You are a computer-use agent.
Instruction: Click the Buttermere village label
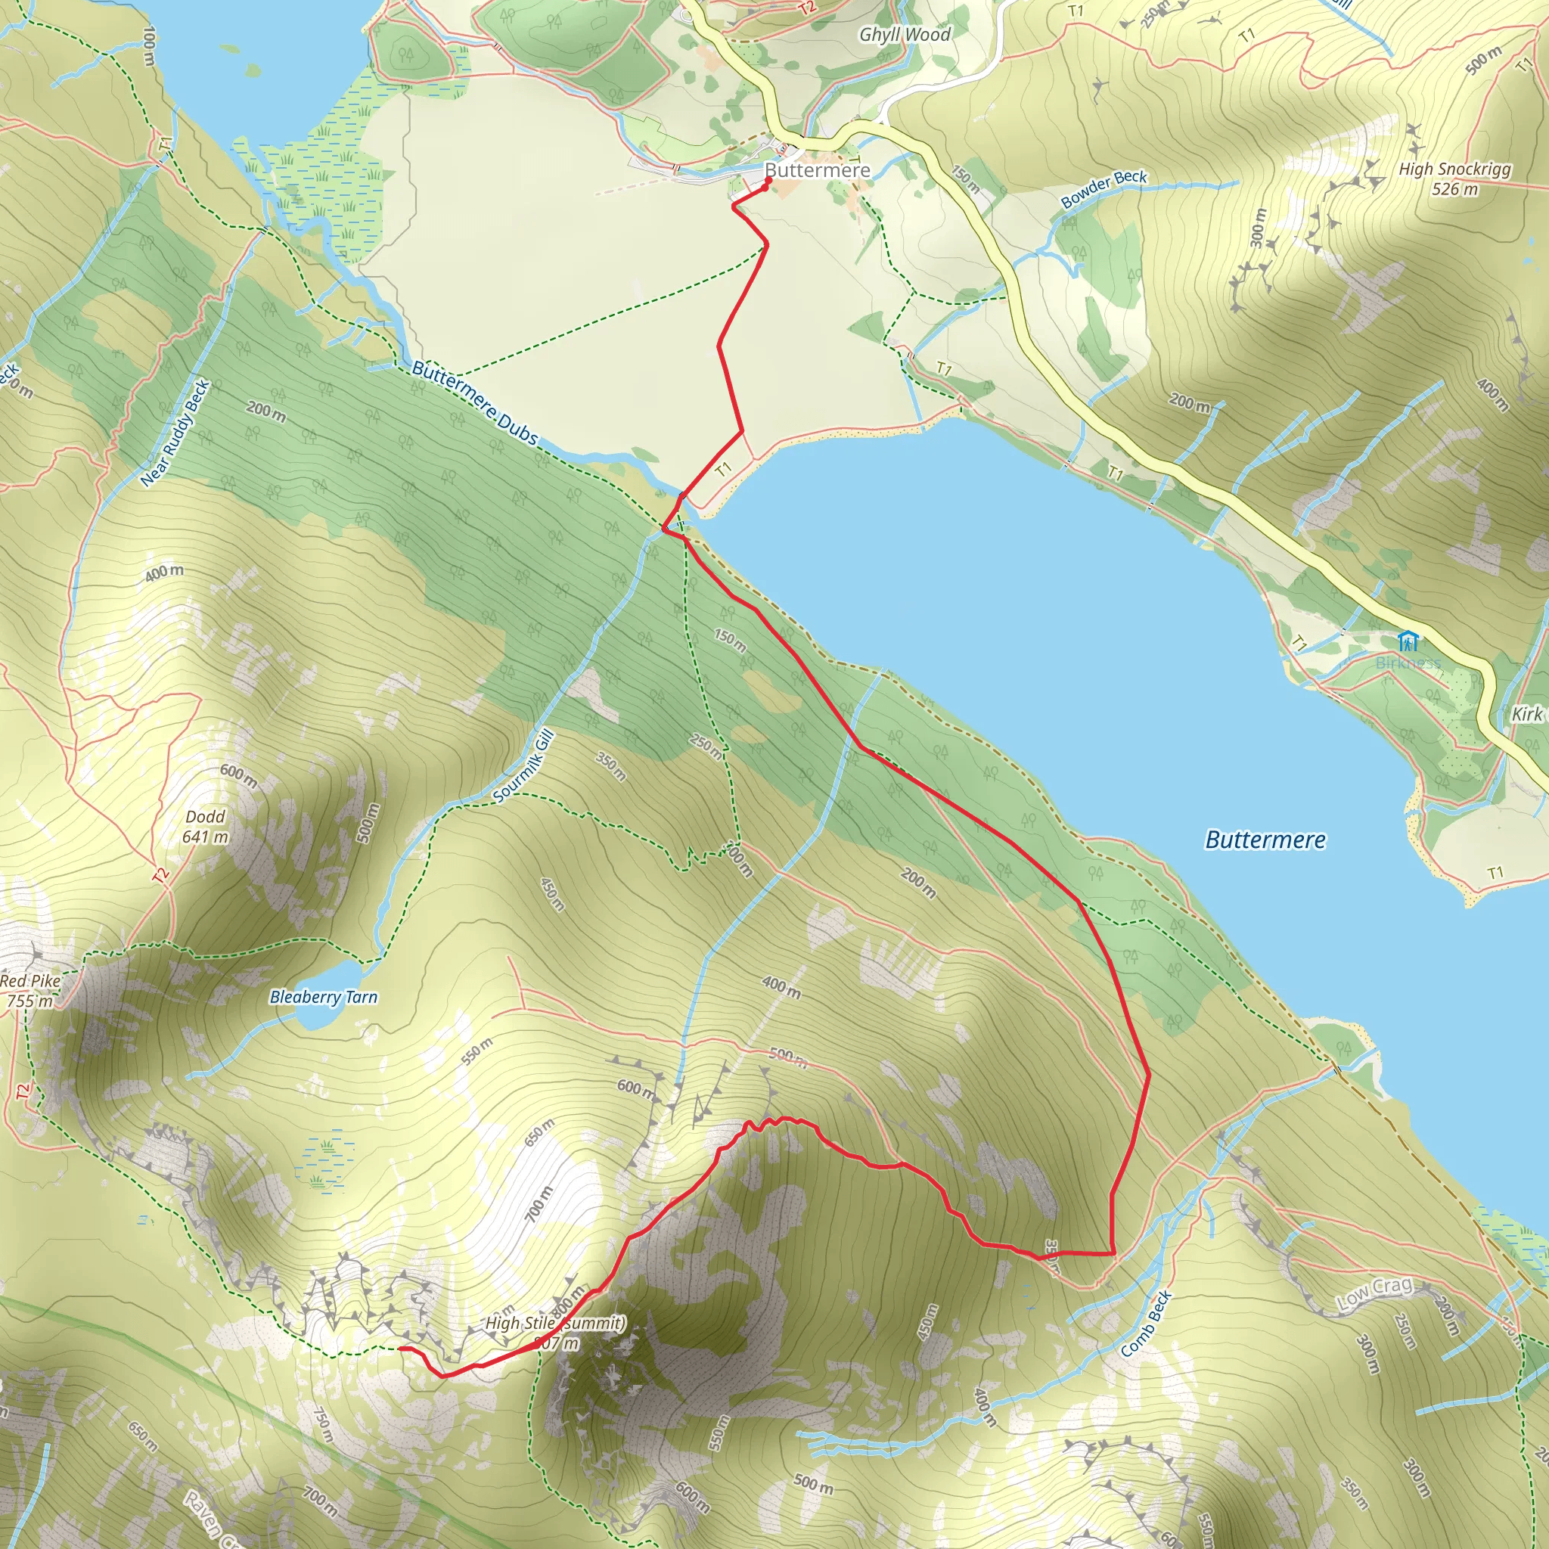click(x=817, y=170)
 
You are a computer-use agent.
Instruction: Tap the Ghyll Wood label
click(x=905, y=35)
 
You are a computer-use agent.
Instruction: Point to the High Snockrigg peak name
click(x=1454, y=169)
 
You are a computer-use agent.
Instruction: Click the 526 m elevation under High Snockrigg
click(x=1454, y=190)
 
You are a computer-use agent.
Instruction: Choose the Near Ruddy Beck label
click(x=175, y=433)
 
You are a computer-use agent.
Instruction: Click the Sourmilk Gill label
click(x=523, y=766)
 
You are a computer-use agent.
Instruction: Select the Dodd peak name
click(x=205, y=817)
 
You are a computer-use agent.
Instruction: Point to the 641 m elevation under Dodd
click(x=205, y=837)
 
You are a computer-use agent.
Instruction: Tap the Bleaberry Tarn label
click(x=323, y=998)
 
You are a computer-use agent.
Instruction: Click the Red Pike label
click(x=29, y=980)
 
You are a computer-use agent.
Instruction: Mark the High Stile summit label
click(x=555, y=1324)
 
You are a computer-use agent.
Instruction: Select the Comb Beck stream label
click(x=1146, y=1324)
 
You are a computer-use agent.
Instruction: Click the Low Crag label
click(x=1374, y=1294)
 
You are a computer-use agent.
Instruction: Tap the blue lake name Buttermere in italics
click(x=1265, y=840)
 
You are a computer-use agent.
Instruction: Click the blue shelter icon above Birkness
click(x=1408, y=641)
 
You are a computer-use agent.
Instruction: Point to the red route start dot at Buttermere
click(x=768, y=181)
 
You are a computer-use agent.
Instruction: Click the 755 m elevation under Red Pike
click(x=29, y=1001)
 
